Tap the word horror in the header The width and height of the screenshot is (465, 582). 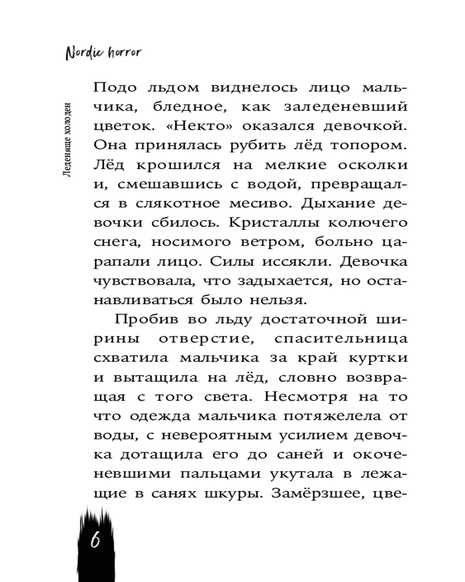click(x=123, y=52)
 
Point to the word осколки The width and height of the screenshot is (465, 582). click(x=372, y=165)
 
